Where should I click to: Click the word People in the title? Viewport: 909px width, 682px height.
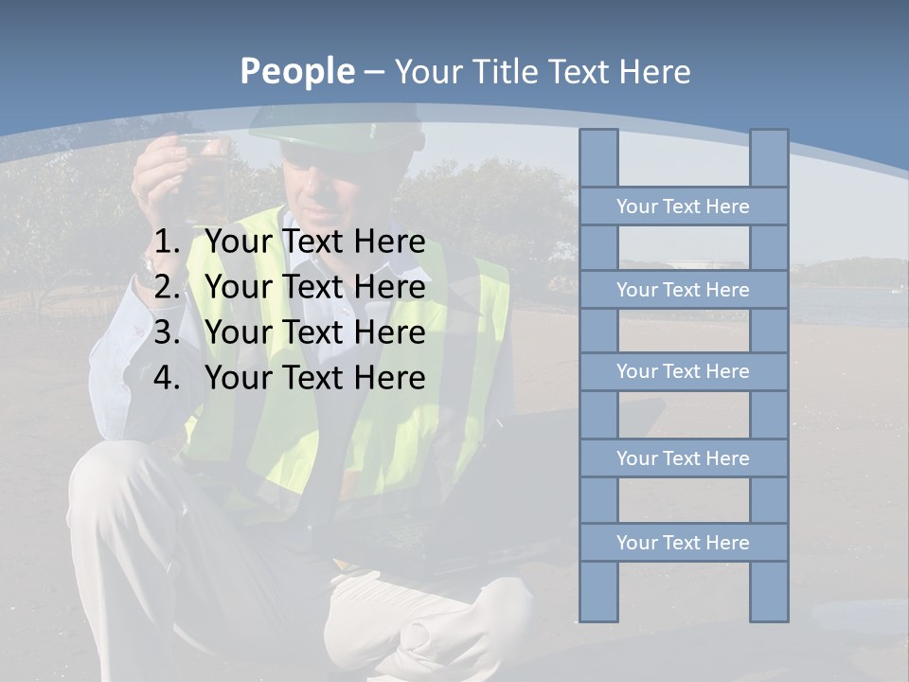coord(296,72)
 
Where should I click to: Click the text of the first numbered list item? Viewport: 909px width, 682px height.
coord(314,242)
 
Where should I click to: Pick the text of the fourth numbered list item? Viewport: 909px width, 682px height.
coord(314,378)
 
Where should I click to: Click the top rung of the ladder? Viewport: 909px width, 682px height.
coord(683,206)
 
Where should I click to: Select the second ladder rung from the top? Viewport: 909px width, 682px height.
coord(683,290)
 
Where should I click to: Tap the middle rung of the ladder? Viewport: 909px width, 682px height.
coord(683,372)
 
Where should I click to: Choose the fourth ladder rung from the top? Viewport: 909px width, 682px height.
coord(683,458)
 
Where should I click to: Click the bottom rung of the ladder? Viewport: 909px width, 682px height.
coord(683,543)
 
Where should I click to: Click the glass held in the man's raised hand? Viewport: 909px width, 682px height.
coord(202,161)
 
